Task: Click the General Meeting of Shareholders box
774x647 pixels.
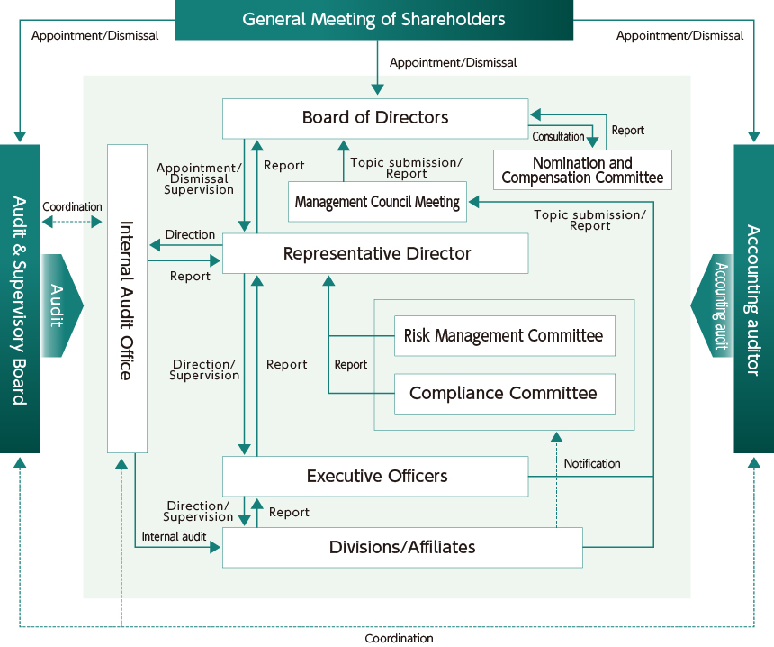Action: pyautogui.click(x=373, y=19)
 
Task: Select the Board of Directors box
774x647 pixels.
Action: pyautogui.click(x=375, y=118)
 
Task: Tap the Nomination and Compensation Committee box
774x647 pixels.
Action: pyautogui.click(x=582, y=170)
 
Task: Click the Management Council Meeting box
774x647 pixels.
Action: pyautogui.click(x=377, y=202)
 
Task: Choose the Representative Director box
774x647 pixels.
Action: pyautogui.click(x=375, y=253)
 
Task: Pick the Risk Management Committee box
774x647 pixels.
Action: pyautogui.click(x=504, y=336)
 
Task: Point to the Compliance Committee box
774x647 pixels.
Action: pyautogui.click(x=504, y=394)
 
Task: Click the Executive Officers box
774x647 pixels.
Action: pyautogui.click(x=375, y=476)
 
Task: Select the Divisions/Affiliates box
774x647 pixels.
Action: pyautogui.click(x=402, y=548)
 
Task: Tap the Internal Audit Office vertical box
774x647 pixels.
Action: pyautogui.click(x=127, y=299)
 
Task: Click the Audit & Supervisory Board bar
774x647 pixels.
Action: pyautogui.click(x=20, y=299)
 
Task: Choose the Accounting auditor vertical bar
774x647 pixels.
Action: pyautogui.click(x=754, y=299)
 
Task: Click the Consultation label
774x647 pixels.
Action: pyautogui.click(x=558, y=137)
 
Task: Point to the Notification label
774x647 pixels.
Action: pyautogui.click(x=592, y=463)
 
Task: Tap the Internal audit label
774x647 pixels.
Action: pyautogui.click(x=174, y=536)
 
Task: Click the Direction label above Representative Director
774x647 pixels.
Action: pyautogui.click(x=190, y=234)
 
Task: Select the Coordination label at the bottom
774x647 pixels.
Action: pyautogui.click(x=399, y=638)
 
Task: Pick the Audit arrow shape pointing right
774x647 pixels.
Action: pyautogui.click(x=60, y=305)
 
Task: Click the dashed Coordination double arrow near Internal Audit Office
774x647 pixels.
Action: pyautogui.click(x=72, y=221)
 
